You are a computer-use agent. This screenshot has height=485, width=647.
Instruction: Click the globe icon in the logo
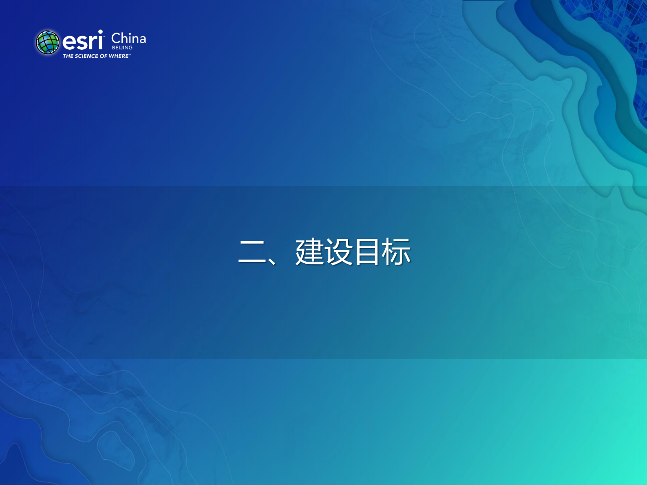tap(48, 42)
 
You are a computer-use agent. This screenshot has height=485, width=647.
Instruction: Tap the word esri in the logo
tap(82, 41)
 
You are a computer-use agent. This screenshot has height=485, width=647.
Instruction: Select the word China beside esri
tap(128, 38)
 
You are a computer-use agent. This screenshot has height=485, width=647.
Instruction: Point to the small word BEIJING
tap(122, 48)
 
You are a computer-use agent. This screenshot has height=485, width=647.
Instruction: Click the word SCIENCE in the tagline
tap(86, 56)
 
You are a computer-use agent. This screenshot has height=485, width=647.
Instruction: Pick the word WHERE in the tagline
tap(118, 56)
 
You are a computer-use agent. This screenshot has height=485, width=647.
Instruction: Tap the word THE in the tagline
tap(68, 56)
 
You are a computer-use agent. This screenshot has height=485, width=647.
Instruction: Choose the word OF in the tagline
tap(104, 56)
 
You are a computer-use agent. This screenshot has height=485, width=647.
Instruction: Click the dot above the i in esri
tap(100, 32)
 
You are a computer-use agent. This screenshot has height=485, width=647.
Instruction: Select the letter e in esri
tap(69, 42)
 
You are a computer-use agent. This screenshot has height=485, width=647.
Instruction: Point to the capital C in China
tap(115, 38)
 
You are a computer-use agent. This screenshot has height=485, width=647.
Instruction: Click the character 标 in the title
tap(396, 252)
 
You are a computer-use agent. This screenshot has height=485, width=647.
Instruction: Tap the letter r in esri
tap(93, 42)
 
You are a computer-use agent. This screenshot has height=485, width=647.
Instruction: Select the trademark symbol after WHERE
tap(130, 55)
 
